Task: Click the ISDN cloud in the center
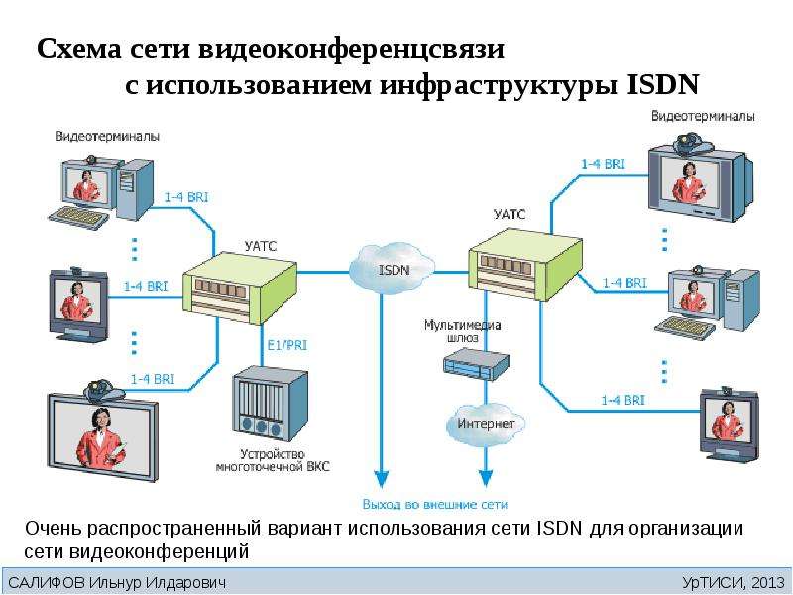(392, 268)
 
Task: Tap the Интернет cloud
(486, 424)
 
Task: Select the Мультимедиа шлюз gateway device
(476, 363)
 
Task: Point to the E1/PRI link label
(286, 345)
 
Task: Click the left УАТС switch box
(240, 291)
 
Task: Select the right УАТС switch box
(525, 264)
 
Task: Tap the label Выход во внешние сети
(434, 505)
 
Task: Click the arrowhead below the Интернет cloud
(486, 479)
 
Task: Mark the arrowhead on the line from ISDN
(382, 479)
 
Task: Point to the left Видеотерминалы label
(107, 136)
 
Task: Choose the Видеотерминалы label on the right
(703, 116)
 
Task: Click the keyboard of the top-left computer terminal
(78, 217)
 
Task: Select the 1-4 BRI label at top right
(603, 164)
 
